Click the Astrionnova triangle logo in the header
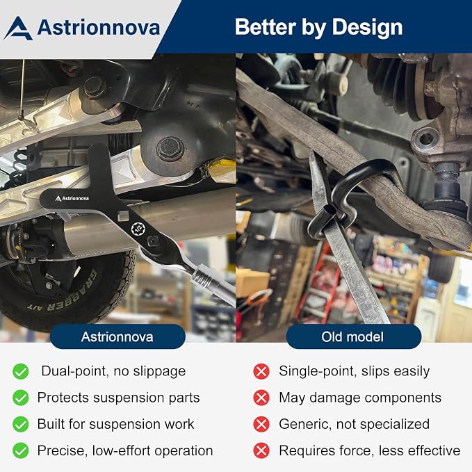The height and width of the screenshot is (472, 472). pos(18,29)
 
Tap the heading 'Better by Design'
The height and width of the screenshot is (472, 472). pos(318,27)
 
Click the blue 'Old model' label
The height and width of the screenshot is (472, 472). pos(353,336)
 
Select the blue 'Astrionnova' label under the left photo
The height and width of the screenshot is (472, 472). pos(117,336)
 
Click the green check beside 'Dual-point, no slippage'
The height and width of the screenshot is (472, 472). pos(21,371)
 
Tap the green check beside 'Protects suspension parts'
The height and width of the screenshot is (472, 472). pos(21,398)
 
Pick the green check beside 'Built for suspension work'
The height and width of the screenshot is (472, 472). pos(21,424)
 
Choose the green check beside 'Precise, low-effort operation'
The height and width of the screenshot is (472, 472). pos(21,450)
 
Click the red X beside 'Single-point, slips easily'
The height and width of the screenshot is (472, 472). pos(261,371)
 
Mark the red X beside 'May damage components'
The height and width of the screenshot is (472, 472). pos(261,398)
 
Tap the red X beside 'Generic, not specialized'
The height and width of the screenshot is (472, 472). pos(261,424)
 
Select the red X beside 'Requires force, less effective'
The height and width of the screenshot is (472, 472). pos(261,450)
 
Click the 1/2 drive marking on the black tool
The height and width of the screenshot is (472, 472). pos(138,229)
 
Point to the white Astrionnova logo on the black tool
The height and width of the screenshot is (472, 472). pos(72,198)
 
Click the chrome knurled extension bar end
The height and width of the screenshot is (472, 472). pos(204,277)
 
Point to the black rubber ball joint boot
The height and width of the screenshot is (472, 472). pos(447,183)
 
